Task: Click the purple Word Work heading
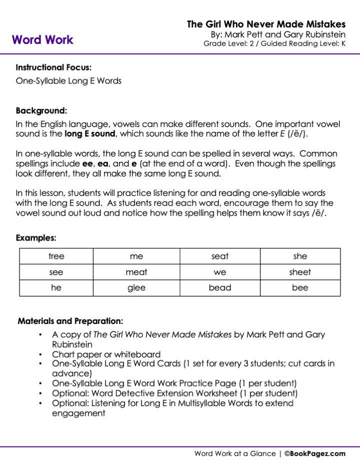click(42, 40)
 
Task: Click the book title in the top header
click(266, 24)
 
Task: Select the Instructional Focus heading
click(53, 67)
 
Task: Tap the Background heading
click(41, 110)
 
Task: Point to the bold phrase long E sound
click(90, 134)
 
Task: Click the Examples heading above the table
click(36, 238)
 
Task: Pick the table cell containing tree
click(56, 256)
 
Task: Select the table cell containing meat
click(136, 272)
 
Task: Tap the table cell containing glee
click(136, 288)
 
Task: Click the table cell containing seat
click(220, 256)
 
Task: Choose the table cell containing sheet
click(300, 272)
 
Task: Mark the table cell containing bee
click(300, 288)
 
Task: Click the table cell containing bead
click(220, 288)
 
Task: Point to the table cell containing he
click(56, 288)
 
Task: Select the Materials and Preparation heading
click(70, 321)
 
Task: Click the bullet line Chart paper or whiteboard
click(106, 354)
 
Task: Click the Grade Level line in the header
click(274, 44)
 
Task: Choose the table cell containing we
click(220, 272)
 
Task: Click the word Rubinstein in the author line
click(319, 34)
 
